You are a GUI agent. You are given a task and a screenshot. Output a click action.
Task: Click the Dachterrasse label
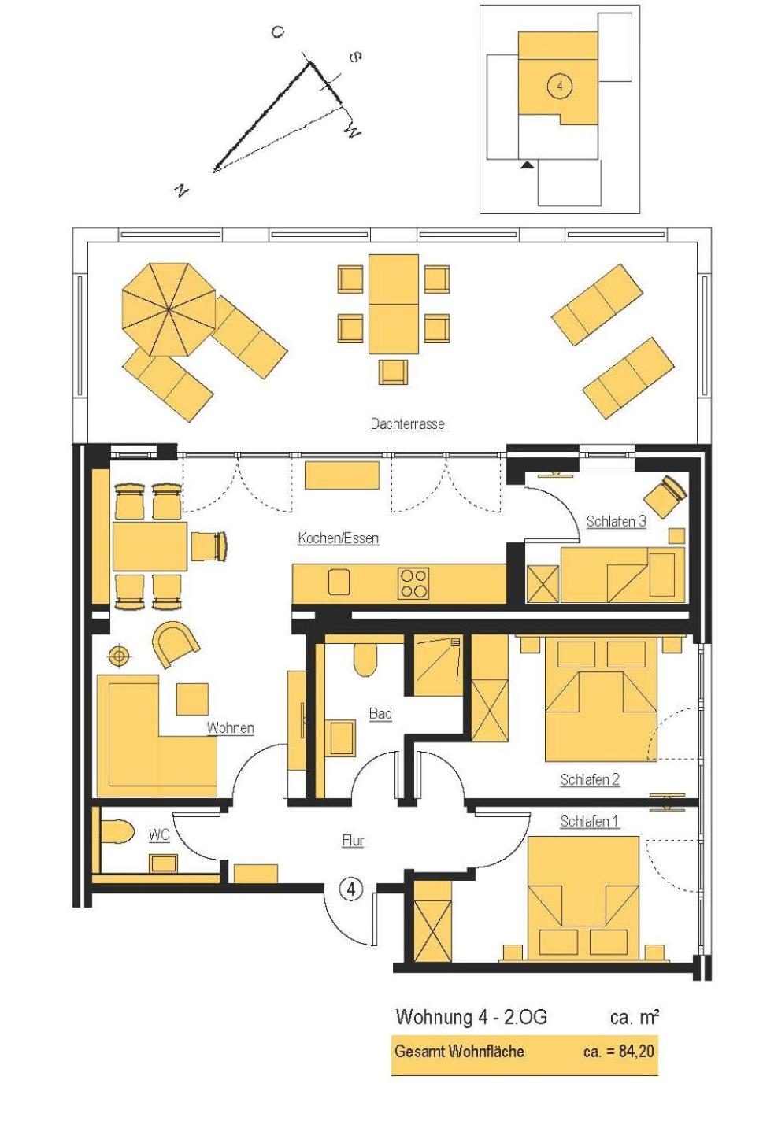click(407, 424)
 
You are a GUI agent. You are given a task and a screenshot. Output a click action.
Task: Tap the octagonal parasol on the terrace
click(169, 309)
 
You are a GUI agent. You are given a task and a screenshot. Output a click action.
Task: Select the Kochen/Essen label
click(339, 538)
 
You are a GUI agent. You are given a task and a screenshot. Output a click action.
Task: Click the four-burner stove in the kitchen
click(413, 583)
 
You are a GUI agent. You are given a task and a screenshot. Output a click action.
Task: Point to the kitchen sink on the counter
click(339, 582)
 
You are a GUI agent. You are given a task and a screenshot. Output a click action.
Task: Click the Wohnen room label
click(231, 727)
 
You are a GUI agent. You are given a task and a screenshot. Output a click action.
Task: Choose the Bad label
click(380, 713)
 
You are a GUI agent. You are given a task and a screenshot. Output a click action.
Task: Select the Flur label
click(353, 841)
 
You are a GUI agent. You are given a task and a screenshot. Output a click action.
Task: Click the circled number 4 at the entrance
click(351, 889)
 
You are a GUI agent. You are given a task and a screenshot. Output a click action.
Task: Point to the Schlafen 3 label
click(617, 521)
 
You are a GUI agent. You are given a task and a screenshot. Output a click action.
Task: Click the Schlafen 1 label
click(590, 821)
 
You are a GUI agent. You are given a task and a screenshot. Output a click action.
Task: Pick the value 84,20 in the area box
click(636, 1051)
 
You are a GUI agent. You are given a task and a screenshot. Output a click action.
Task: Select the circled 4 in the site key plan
click(560, 86)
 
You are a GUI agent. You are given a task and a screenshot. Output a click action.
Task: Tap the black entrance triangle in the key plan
click(528, 165)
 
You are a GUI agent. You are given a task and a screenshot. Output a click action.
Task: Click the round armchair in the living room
click(176, 644)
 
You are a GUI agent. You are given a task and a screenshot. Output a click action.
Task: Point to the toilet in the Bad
click(365, 660)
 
